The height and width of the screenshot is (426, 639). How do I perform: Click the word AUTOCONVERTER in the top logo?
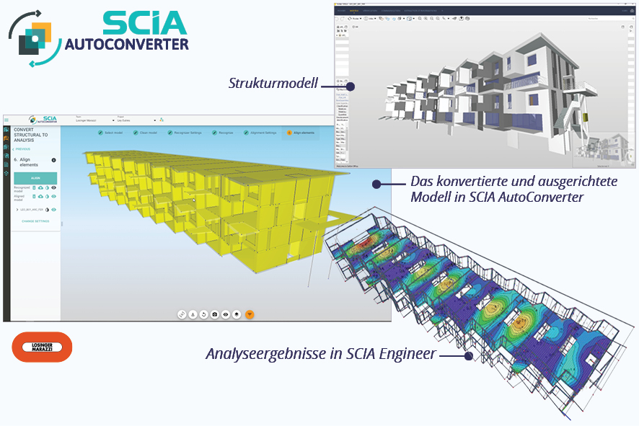click(x=127, y=45)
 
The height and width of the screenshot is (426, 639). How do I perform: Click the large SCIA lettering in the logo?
click(x=144, y=23)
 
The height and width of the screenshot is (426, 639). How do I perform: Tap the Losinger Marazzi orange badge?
click(x=43, y=347)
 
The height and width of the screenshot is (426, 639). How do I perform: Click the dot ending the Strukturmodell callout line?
click(x=351, y=86)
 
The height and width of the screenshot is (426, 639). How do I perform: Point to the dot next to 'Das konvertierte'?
click(x=376, y=184)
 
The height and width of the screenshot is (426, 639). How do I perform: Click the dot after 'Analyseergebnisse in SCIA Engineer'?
click(x=468, y=355)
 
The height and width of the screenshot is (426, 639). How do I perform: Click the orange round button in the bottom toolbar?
click(x=249, y=314)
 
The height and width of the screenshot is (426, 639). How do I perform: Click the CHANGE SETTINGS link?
click(x=35, y=221)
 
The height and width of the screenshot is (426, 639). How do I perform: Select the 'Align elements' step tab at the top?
click(x=300, y=133)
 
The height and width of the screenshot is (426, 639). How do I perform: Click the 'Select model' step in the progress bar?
click(x=112, y=133)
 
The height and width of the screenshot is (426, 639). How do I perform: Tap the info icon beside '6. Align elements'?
click(x=53, y=160)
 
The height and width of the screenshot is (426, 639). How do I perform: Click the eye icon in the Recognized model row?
click(x=54, y=187)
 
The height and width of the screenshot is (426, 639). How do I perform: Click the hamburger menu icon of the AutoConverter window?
click(x=6, y=120)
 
